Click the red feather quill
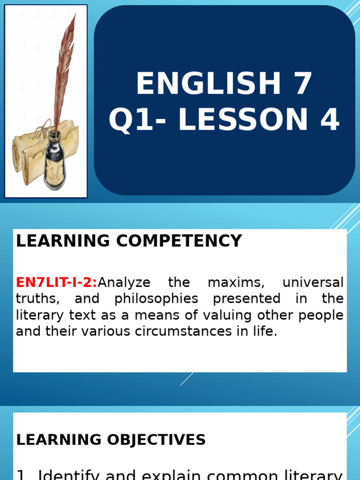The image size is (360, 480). tap(64, 70)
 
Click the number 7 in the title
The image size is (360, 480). tap(304, 84)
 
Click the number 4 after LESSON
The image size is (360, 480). tap(329, 120)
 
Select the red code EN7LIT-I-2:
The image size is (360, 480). tap(57, 283)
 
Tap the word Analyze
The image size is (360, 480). tap(124, 283)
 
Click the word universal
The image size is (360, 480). tap(313, 283)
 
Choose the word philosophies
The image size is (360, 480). tap(156, 299)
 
